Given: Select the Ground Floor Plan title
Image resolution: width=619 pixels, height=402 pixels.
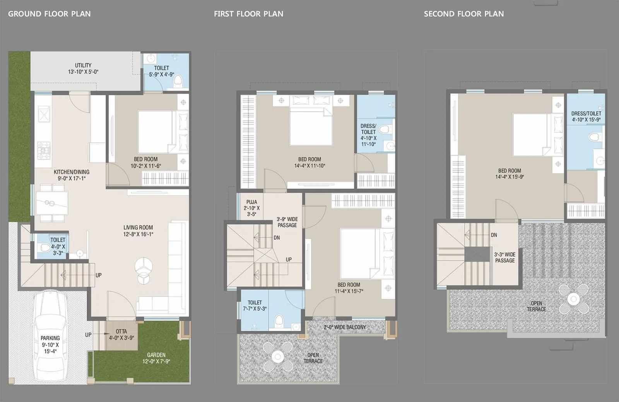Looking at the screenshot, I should point(50,14).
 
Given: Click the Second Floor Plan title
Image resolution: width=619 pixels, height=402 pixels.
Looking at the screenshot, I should point(464,14).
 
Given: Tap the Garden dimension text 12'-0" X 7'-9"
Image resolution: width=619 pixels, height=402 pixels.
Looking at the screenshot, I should point(156,361).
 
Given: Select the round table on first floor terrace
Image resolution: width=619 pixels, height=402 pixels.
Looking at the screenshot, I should point(277,356).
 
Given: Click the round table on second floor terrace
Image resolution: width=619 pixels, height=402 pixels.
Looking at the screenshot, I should point(573,298).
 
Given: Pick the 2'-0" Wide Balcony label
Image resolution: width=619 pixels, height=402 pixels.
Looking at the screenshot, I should point(345,327).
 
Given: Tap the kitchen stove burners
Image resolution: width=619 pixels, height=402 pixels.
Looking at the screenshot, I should point(43,150).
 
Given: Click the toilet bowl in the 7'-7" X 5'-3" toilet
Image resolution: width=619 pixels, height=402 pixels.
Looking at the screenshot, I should point(279,321).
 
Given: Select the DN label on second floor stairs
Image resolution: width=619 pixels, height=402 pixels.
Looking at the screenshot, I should point(494,235).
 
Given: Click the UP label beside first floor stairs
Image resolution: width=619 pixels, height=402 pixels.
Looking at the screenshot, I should point(289,259).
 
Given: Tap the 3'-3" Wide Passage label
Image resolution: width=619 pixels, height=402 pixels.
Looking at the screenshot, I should point(505,257).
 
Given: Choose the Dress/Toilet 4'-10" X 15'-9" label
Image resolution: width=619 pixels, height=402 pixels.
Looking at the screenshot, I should point(586,116).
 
